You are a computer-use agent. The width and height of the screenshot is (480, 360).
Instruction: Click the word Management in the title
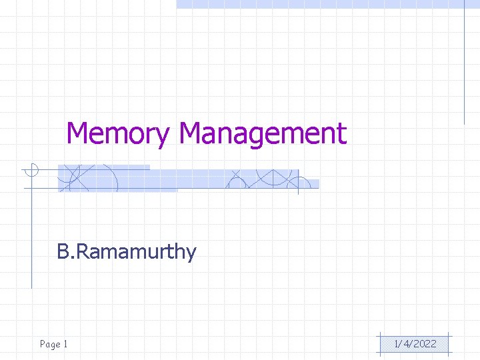[x=263, y=133]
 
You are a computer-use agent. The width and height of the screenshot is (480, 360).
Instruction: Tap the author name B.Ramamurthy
[x=127, y=252]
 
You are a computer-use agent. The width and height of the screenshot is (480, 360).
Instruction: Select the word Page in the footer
[x=50, y=344]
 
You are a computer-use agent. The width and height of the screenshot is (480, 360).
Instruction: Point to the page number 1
[x=65, y=344]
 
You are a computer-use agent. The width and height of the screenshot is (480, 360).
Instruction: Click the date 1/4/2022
[x=415, y=344]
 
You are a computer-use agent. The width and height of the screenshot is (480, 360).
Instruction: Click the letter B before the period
[x=63, y=251]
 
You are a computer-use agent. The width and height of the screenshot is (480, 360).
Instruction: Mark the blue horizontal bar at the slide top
[x=320, y=4]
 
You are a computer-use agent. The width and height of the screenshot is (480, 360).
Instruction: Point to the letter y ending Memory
[x=163, y=137]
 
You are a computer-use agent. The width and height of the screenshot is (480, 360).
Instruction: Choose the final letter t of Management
[x=342, y=133]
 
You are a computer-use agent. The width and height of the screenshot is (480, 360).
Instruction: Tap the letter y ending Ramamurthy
[x=191, y=255]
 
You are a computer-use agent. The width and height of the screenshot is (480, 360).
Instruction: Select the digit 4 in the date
[x=405, y=344]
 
